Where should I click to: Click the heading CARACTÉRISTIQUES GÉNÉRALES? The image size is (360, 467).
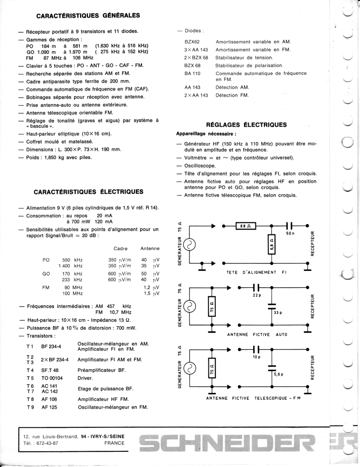click(x=88, y=16)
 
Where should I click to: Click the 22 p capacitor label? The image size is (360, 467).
click(x=256, y=295)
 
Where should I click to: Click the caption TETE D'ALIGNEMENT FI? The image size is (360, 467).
click(x=256, y=272)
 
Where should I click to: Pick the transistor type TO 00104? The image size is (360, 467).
click(x=52, y=378)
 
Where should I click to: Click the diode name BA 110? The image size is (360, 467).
click(x=192, y=73)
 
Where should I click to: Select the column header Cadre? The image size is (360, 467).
click(x=120, y=248)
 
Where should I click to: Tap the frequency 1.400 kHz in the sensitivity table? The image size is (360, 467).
click(x=70, y=266)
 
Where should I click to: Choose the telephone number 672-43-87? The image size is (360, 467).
click(x=45, y=443)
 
